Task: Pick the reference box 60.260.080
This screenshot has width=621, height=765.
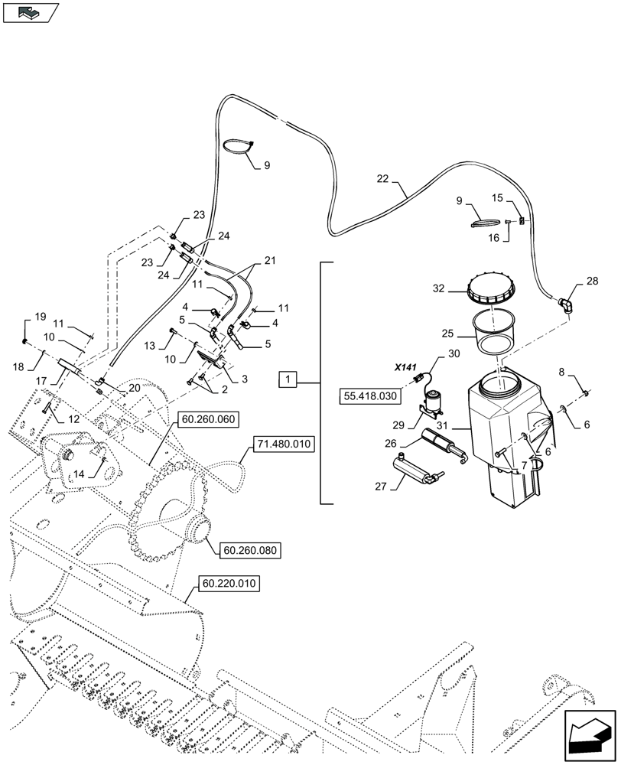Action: point(249,549)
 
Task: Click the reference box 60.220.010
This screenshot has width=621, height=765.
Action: point(229,584)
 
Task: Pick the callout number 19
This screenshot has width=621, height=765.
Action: point(40,317)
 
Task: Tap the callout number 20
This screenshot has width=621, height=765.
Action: point(134,388)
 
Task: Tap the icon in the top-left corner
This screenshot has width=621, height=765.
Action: point(31,12)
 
